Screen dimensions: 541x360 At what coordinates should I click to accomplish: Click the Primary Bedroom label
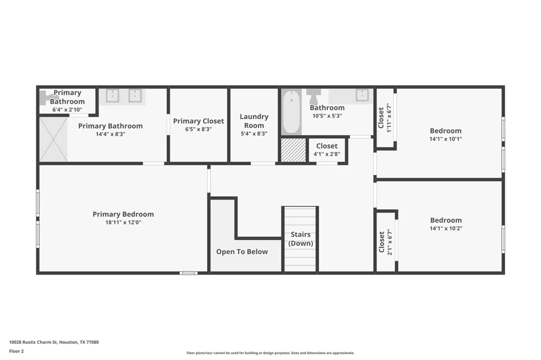(123, 214)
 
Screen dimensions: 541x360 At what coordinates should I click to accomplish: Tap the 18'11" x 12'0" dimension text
(123, 222)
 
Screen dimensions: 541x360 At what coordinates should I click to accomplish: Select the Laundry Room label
(254, 121)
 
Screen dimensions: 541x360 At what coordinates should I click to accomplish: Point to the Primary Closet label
(199, 121)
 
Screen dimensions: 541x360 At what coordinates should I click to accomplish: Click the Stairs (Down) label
(300, 239)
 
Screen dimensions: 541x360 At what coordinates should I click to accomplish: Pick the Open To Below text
(242, 252)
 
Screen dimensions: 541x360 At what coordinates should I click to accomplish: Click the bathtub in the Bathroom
(292, 112)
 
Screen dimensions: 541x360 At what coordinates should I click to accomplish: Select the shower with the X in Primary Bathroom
(54, 139)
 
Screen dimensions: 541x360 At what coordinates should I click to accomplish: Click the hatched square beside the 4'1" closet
(293, 150)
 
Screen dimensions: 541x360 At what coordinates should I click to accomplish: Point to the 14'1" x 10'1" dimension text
(445, 139)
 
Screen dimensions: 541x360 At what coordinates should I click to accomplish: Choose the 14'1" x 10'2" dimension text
(446, 228)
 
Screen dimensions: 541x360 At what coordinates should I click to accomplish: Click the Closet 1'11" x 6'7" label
(385, 118)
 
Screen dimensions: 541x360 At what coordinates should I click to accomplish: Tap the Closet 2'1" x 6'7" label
(385, 242)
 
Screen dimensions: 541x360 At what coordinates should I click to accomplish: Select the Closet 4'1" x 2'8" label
(327, 150)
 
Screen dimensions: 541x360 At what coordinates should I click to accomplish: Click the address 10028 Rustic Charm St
(33, 342)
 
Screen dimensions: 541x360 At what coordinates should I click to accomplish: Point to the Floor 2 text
(16, 351)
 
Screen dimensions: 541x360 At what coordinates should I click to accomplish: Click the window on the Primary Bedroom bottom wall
(188, 273)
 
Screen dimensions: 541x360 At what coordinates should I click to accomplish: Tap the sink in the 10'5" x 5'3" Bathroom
(362, 95)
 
